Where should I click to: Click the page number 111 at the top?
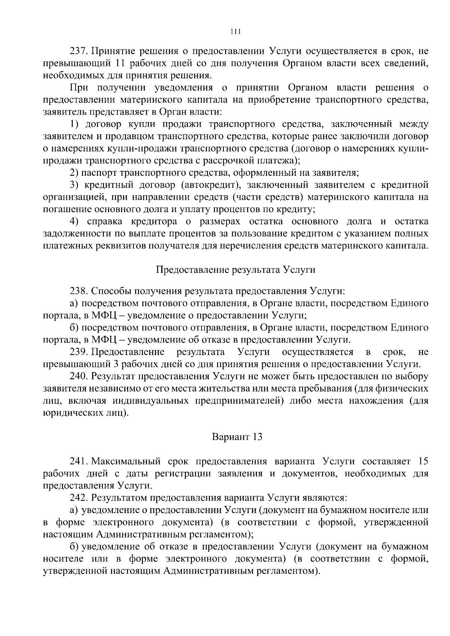point(235,32)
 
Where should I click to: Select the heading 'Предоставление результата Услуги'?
point(235,270)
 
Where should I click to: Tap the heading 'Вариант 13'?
point(237,437)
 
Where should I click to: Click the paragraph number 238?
point(79,291)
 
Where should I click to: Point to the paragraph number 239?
point(79,352)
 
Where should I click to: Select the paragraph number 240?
point(79,376)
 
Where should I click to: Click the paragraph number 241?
point(79,461)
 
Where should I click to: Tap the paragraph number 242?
point(79,498)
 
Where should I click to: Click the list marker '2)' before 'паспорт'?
point(74,173)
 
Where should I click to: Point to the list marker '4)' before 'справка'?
point(74,221)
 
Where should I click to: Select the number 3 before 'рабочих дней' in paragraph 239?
point(116,364)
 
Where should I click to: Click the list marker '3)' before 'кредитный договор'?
point(74,185)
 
